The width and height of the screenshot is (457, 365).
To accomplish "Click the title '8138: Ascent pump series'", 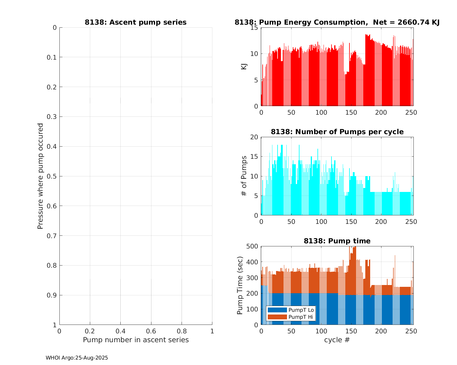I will pos(136,23).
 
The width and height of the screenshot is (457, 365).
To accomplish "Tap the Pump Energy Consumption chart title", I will pos(337,23).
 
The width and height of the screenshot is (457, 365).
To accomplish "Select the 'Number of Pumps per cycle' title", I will pos(337,132).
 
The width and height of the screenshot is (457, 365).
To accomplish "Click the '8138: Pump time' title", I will pos(337,241).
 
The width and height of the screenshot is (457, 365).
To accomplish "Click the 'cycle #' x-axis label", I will pos(337,340).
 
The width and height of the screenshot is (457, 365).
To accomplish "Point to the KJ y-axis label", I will pos(244,67).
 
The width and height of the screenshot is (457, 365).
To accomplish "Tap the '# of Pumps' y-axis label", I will pos(244,176).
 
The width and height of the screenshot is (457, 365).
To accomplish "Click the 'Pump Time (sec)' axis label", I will pos(240,285).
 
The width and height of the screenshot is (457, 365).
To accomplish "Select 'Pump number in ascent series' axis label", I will pos(136,340).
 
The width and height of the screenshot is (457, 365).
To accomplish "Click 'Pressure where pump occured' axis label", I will pos(40,176).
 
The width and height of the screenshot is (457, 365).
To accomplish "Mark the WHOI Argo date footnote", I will pos(77,358).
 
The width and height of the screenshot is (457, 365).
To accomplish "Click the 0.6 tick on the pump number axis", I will pos(151,331).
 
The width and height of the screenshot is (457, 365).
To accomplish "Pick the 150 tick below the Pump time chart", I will pos(351,331).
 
